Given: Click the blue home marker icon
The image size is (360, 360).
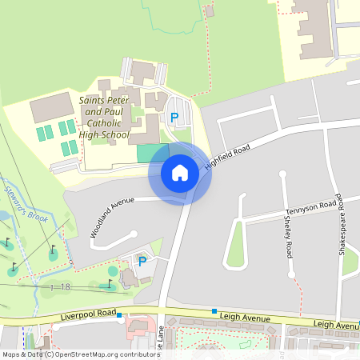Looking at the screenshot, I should click(x=179, y=172).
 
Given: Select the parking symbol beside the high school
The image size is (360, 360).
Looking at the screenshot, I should click(x=174, y=118).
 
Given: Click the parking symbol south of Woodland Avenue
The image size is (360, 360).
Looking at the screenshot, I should click(x=142, y=261).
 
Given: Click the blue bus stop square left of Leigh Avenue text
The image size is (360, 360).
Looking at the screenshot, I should click(x=214, y=310).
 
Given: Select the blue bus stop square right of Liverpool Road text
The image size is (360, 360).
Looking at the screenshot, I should click(x=119, y=315).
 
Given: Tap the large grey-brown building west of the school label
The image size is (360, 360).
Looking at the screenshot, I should click(x=52, y=107).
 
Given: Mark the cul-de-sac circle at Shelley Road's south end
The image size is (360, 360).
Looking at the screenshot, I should click(x=291, y=274).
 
